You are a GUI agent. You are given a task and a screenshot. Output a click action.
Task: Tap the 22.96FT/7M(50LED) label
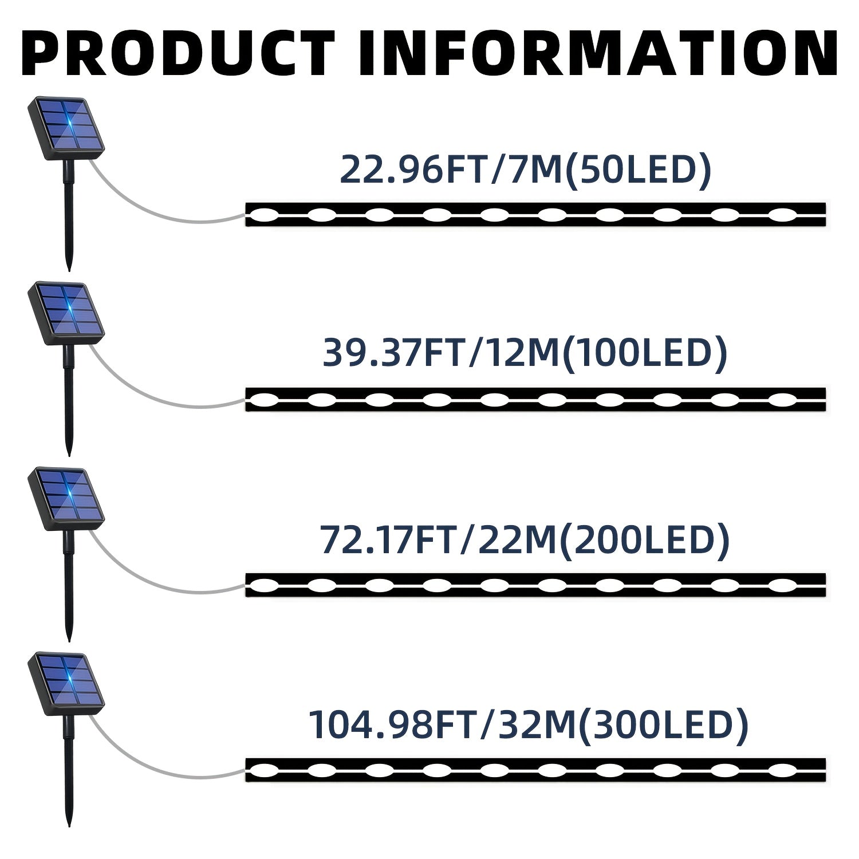coord(526,169)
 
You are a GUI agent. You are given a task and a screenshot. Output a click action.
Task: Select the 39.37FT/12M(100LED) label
coord(525,353)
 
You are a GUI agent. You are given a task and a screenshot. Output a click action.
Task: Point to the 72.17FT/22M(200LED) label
coord(525,539)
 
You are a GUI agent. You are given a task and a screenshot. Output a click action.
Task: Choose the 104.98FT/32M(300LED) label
coord(528,724)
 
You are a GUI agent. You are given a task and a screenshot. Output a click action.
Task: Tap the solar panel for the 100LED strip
coord(66,313)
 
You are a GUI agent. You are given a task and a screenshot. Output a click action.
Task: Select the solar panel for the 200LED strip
coord(66,498)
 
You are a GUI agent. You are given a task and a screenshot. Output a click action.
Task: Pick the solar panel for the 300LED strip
coord(66,684)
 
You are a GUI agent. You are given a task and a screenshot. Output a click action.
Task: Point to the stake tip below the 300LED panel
coord(69,826)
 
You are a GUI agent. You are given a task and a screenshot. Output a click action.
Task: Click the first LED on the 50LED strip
coord(263,215)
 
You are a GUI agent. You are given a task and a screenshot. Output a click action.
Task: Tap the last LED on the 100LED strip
coord(782,399)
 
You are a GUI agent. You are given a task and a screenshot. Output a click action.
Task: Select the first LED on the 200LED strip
coord(263,585)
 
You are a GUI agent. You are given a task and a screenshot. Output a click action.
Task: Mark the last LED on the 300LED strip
coord(782,770)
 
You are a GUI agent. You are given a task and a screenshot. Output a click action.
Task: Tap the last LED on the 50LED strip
coord(782,215)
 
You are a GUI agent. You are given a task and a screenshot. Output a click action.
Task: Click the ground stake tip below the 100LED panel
coord(69,455)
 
